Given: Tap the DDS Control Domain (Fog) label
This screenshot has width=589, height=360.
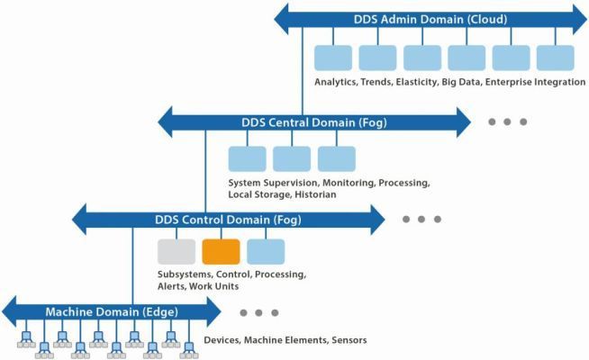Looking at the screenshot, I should point(228,219).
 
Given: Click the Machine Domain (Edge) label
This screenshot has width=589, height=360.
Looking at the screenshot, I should point(112,311).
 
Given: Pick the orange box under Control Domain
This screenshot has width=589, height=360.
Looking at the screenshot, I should point(221,252).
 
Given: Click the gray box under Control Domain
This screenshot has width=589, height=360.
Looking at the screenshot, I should point(176,252).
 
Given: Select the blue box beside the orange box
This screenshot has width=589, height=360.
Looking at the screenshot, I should point(266,252).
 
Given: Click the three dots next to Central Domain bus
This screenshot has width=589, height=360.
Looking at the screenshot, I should point(507,121).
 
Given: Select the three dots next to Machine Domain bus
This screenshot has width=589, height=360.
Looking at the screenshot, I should point(259,313).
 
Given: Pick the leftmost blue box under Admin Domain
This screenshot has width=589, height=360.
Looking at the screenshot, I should point(332,58).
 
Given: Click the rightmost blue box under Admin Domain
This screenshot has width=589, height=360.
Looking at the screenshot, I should point(555,58).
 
